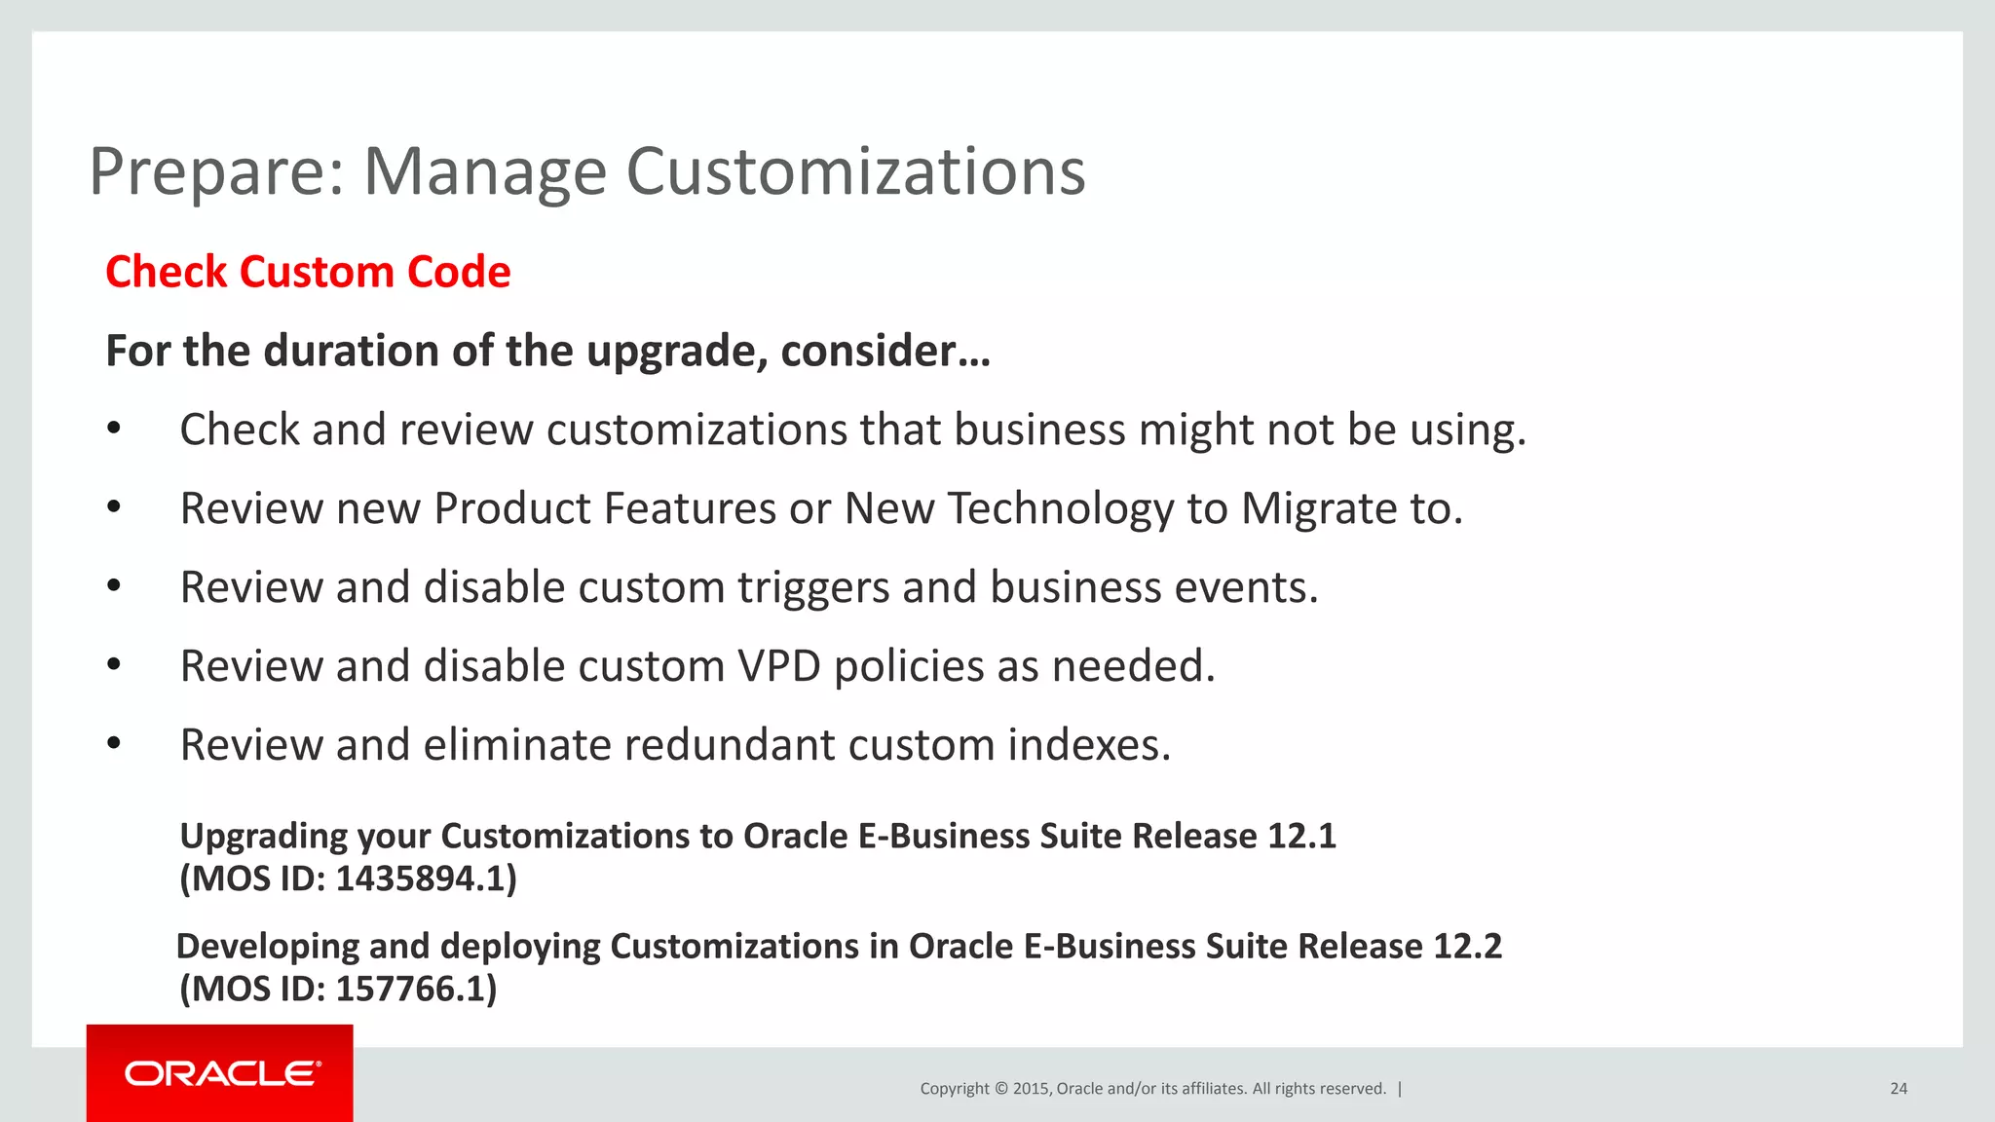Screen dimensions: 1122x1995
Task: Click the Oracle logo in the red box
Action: (222, 1073)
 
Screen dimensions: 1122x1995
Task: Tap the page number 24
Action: (1898, 1089)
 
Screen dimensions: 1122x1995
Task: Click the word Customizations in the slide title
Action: (854, 171)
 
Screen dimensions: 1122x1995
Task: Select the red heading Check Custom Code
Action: (308, 272)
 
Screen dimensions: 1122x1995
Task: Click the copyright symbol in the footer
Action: (1000, 1089)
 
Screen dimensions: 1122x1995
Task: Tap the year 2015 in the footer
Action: (1031, 1089)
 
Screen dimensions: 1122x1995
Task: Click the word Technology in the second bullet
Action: (1060, 509)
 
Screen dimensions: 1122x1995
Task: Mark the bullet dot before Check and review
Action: (114, 429)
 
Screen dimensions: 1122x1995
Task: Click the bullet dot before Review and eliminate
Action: (114, 744)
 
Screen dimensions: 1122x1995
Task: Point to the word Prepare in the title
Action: (216, 171)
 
